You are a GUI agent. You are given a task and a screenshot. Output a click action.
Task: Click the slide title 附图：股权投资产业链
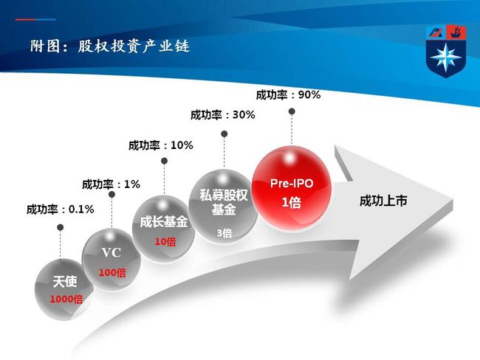point(110,46)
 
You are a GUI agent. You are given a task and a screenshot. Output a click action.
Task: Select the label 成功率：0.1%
point(61,210)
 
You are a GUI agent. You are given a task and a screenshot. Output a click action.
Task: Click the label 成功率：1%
point(111,184)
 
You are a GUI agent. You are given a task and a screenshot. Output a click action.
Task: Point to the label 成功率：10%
point(161,145)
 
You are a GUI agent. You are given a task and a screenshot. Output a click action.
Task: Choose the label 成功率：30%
point(223,115)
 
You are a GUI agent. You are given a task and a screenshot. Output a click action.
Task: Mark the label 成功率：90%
point(288,95)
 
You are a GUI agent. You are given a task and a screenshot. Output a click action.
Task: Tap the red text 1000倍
point(66,299)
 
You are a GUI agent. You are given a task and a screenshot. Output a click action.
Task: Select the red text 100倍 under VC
point(112,272)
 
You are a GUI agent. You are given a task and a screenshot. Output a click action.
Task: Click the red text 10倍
point(165,242)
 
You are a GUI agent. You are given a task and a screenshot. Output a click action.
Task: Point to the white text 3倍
point(224,233)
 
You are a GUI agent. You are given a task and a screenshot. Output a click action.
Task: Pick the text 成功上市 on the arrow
point(383,201)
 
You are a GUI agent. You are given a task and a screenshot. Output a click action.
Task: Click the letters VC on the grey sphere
point(111,252)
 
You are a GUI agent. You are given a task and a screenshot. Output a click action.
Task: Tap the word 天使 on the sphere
point(64,282)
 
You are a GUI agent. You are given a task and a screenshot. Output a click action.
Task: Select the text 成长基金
point(164,222)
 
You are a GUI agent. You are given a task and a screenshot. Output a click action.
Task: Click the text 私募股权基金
point(224,202)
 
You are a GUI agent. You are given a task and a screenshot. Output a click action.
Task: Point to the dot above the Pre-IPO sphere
point(292,111)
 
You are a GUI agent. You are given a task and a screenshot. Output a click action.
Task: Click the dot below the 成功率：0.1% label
point(61,227)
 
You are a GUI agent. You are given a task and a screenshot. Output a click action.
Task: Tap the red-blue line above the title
point(35,20)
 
